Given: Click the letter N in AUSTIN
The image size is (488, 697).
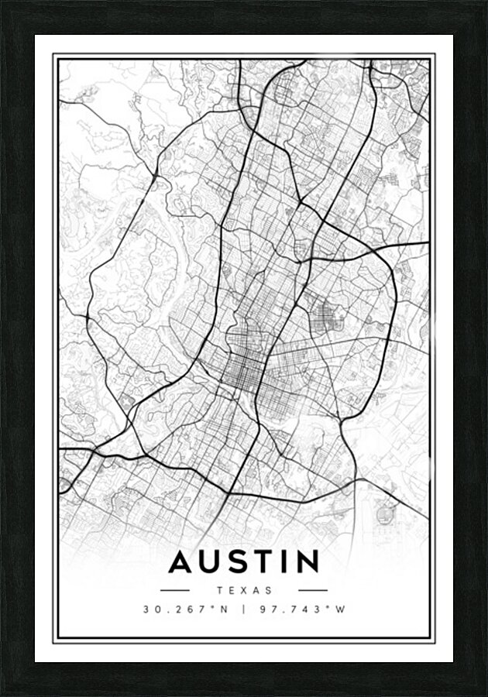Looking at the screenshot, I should [x=308, y=561].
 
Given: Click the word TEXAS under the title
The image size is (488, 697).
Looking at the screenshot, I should [x=245, y=590].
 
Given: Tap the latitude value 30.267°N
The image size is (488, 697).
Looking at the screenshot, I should [x=186, y=609].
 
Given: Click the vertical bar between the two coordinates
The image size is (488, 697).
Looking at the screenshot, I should [x=244, y=609].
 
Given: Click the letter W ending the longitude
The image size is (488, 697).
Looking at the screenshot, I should [x=340, y=609].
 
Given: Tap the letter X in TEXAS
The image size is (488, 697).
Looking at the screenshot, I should [x=245, y=590].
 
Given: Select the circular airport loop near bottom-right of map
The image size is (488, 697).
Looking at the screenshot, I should [x=383, y=512].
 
